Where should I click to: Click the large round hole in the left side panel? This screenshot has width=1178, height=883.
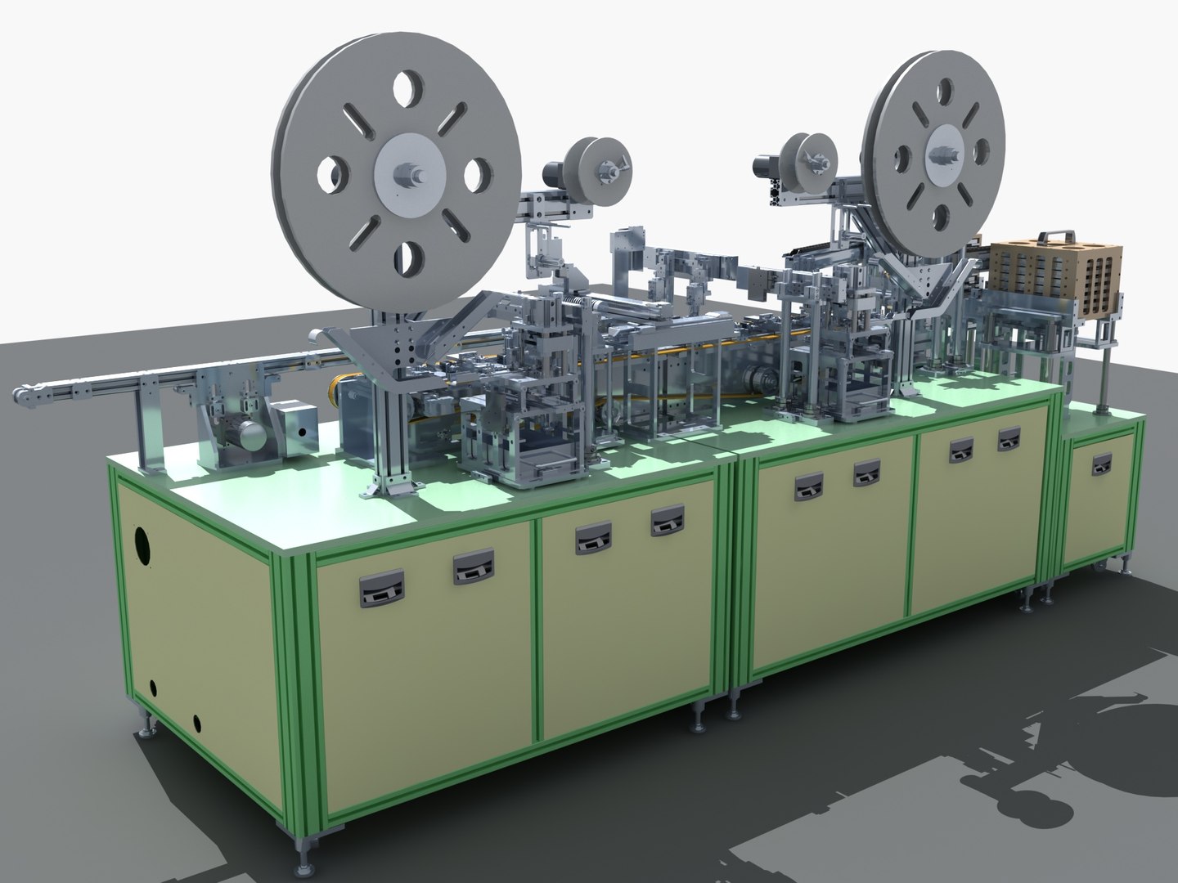(x=143, y=547)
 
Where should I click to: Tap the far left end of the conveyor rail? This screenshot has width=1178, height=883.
(x=26, y=397)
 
